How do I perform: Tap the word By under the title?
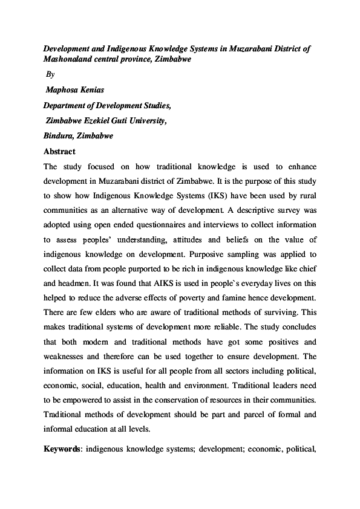50,75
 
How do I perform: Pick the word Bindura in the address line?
58,136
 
